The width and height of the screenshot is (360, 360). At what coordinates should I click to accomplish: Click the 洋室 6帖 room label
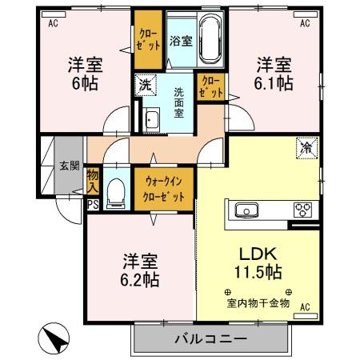(82, 74)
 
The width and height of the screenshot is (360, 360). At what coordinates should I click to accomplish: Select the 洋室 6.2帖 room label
(141, 270)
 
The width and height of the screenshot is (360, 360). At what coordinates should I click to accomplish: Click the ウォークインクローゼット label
(164, 190)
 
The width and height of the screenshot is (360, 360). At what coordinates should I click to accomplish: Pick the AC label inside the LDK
(304, 306)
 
